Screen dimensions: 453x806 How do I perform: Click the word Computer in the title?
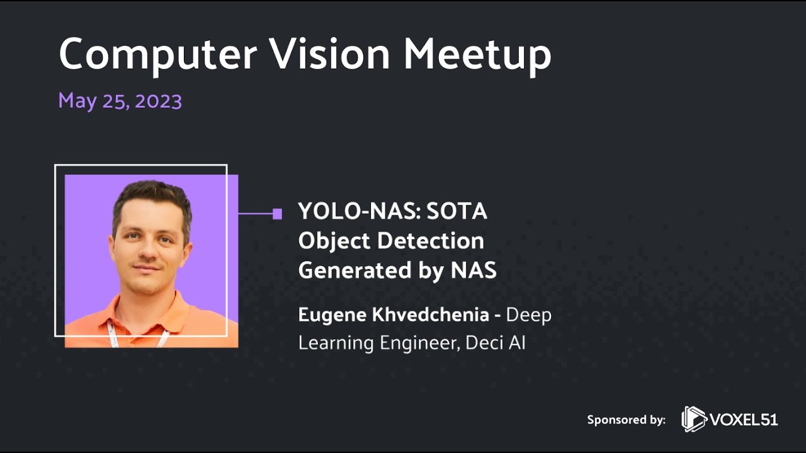coord(157,54)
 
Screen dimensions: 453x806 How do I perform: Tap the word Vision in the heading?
coord(329,54)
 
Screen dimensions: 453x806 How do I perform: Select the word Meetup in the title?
coord(477,55)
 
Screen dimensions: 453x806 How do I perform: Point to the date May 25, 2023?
coord(120,101)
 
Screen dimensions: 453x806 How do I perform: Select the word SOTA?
coord(457,211)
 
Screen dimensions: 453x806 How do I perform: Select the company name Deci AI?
coord(496,343)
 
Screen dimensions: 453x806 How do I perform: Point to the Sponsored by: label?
coord(626,420)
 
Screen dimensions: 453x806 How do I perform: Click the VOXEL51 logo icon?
coord(694,419)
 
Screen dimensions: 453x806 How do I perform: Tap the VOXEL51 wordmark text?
coord(744,420)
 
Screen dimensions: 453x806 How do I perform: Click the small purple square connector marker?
coord(277,214)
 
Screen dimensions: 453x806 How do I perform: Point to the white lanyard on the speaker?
coord(114,333)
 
